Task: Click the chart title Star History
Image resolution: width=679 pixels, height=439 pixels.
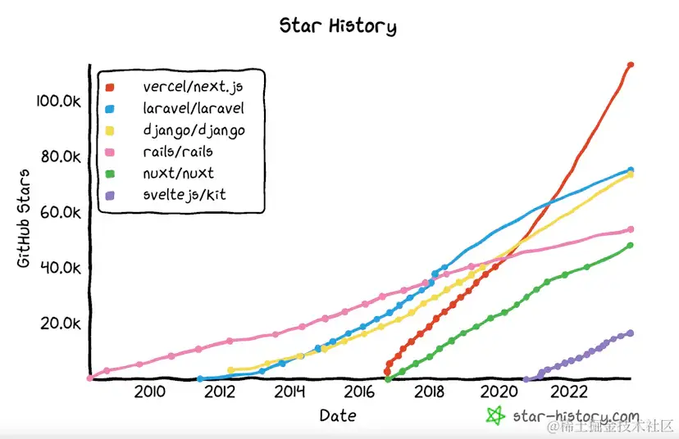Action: coord(338,26)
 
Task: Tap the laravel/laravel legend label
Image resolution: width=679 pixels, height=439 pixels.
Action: coord(194,107)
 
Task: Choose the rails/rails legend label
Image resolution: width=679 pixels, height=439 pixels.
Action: coord(178,151)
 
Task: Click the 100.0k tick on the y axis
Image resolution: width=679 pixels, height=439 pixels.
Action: coord(57,101)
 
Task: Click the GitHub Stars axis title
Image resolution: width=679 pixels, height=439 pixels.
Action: coord(24,219)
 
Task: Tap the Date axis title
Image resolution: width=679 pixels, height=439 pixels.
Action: coord(338,415)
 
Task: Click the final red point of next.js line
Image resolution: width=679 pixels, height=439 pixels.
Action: coord(631,65)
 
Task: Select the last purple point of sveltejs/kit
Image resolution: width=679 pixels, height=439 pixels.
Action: coord(631,333)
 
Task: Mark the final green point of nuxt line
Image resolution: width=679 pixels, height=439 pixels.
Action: coord(631,245)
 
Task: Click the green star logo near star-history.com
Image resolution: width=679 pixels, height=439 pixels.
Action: coord(494,415)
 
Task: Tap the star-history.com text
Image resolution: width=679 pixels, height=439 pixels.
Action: coord(575,416)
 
